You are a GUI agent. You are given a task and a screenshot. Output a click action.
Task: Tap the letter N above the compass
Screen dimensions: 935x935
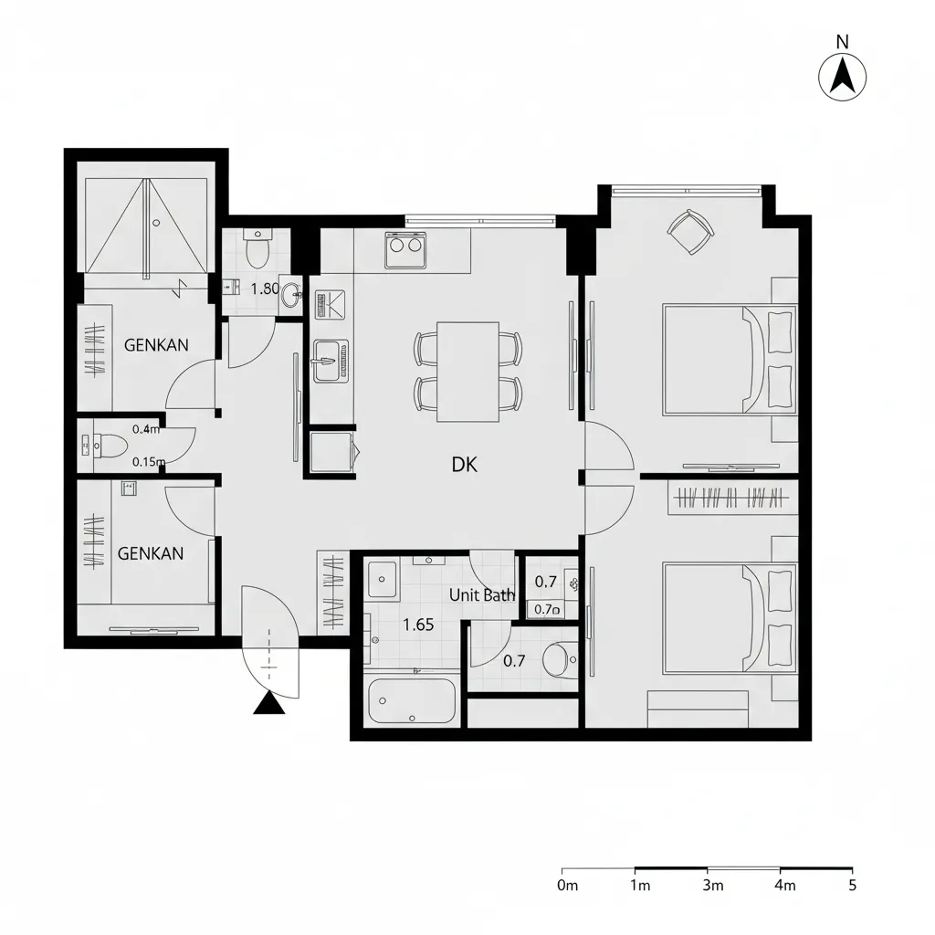click(x=842, y=42)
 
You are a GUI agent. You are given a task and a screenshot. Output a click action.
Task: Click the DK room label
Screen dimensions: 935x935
click(x=465, y=465)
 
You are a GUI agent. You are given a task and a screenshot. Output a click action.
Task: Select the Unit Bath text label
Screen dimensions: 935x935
click(x=482, y=594)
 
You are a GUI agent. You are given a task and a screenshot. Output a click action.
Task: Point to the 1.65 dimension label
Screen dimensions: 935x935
click(x=418, y=625)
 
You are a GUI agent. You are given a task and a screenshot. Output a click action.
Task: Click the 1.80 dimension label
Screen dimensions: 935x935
click(x=265, y=289)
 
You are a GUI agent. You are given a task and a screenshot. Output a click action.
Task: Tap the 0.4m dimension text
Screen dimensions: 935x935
click(x=146, y=429)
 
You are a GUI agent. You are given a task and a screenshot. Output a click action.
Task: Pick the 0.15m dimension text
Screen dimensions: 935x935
click(x=149, y=461)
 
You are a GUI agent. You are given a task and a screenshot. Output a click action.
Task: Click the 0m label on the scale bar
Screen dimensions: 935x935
click(x=568, y=885)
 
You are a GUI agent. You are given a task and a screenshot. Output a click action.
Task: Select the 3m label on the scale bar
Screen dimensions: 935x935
click(x=713, y=885)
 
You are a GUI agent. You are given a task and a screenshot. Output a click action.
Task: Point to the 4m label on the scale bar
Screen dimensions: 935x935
click(x=785, y=885)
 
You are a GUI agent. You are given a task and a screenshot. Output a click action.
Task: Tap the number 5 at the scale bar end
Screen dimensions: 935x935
click(x=853, y=885)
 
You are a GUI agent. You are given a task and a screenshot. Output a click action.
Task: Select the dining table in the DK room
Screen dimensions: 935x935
click(x=468, y=372)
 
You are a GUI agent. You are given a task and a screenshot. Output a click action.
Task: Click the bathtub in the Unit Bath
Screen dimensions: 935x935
click(x=412, y=700)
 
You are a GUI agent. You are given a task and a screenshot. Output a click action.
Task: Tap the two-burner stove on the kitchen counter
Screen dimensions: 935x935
click(x=406, y=250)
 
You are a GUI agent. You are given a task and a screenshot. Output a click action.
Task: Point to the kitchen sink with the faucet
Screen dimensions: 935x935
click(x=331, y=361)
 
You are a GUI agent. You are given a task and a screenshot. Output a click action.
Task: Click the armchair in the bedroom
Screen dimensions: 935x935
click(x=690, y=231)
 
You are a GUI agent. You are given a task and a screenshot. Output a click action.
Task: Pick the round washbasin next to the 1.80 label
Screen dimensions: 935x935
click(x=291, y=294)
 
